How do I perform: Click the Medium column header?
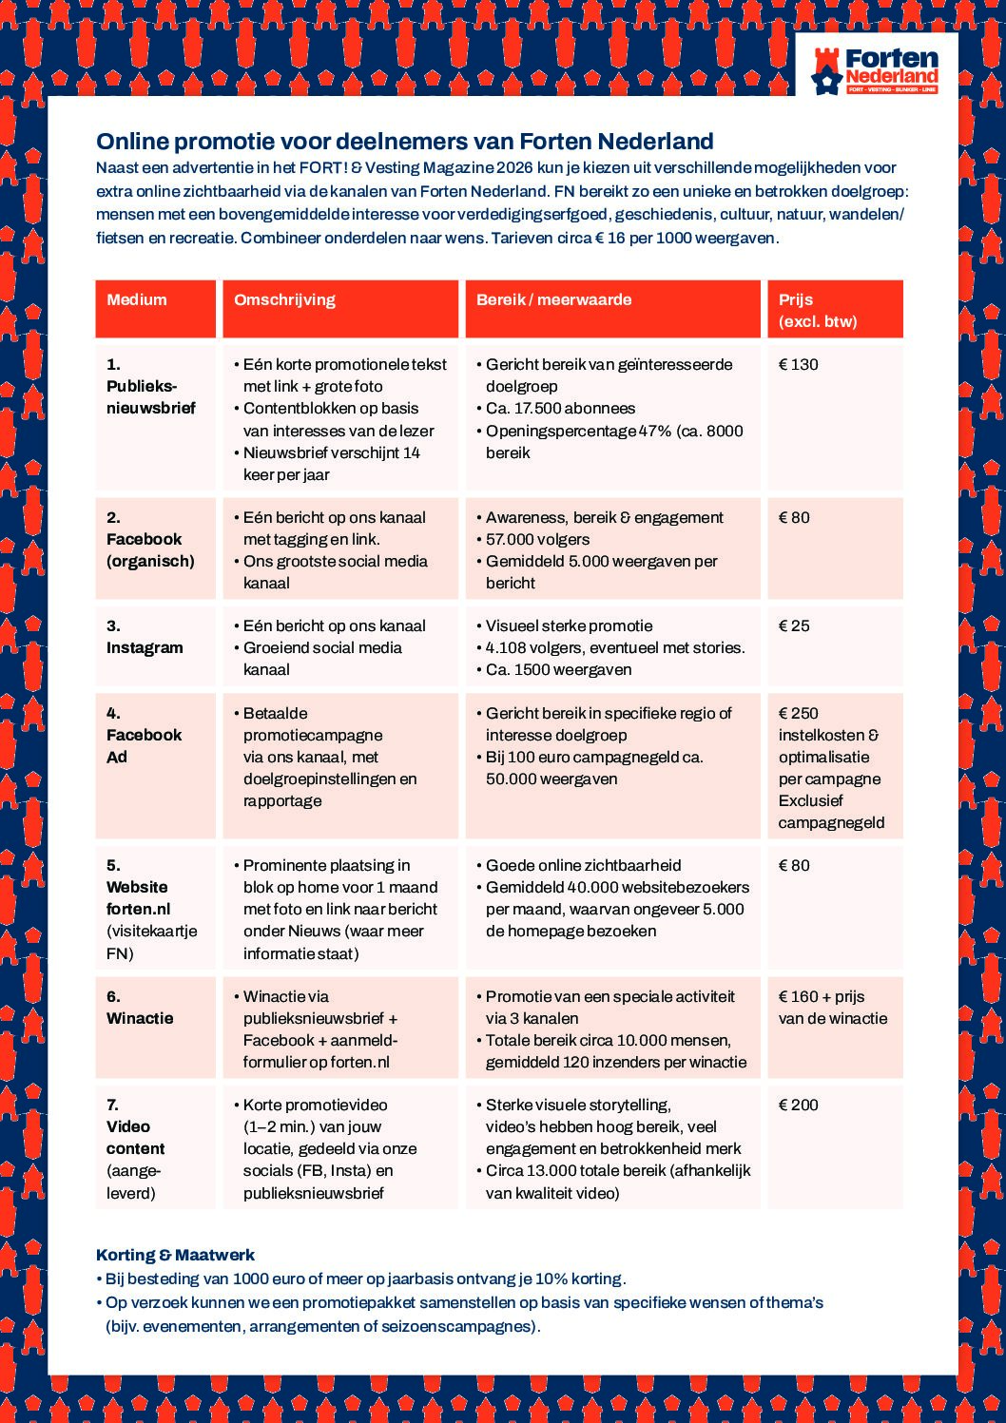pyautogui.click(x=137, y=300)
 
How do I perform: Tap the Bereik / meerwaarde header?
pyautogui.click(x=553, y=300)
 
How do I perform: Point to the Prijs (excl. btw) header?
pyautogui.click(x=818, y=310)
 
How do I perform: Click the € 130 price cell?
pyautogui.click(x=799, y=365)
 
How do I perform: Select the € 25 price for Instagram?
pyautogui.click(x=795, y=626)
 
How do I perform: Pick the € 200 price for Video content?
pyautogui.click(x=799, y=1106)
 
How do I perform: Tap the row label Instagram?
pyautogui.click(x=145, y=648)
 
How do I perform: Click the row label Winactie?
pyautogui.click(x=140, y=1019)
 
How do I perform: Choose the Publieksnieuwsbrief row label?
pyautogui.click(x=151, y=397)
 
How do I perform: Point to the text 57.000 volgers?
pyautogui.click(x=537, y=540)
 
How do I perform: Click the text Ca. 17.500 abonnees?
pyautogui.click(x=560, y=409)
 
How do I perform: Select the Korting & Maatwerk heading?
pyautogui.click(x=175, y=1256)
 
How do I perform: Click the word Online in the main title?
pyautogui.click(x=129, y=142)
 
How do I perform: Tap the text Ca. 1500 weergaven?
pyautogui.click(x=558, y=670)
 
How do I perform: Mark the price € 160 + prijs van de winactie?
pyautogui.click(x=832, y=1008)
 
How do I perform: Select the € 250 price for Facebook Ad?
pyautogui.click(x=799, y=714)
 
